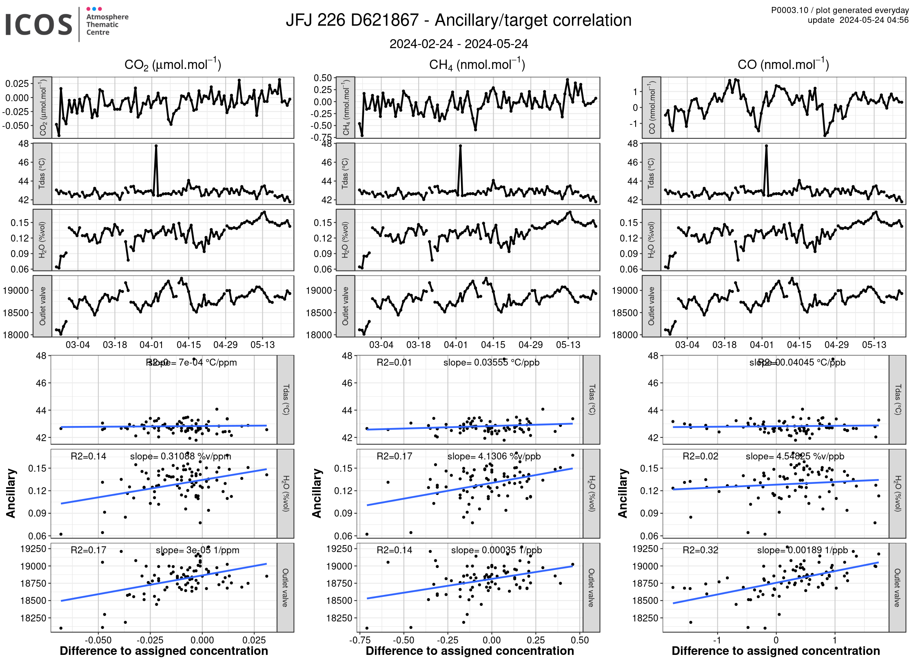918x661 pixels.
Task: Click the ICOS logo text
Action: (x=39, y=24)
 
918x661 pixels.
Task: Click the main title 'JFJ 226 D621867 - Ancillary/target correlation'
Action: (x=458, y=20)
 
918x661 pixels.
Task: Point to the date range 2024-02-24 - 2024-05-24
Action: (x=459, y=44)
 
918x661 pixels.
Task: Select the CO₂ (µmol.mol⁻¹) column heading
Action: (x=173, y=64)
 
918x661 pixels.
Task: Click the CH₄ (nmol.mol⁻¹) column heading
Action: (x=477, y=64)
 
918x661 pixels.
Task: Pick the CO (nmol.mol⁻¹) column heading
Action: (x=783, y=64)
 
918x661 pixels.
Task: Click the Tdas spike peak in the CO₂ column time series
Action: (x=156, y=146)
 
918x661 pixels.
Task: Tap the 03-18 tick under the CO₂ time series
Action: (x=115, y=345)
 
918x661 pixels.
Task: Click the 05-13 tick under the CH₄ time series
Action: (x=568, y=345)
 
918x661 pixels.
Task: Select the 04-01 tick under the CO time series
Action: (x=762, y=345)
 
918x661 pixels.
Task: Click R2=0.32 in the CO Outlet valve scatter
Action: (x=700, y=550)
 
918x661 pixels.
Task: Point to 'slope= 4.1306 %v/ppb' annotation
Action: (x=494, y=456)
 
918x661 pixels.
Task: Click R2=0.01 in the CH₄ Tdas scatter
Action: (x=394, y=362)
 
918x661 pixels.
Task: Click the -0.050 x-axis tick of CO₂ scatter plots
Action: (x=98, y=640)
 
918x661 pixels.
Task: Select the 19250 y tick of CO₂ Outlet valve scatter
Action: (x=33, y=549)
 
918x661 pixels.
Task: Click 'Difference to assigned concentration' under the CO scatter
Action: (x=776, y=651)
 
